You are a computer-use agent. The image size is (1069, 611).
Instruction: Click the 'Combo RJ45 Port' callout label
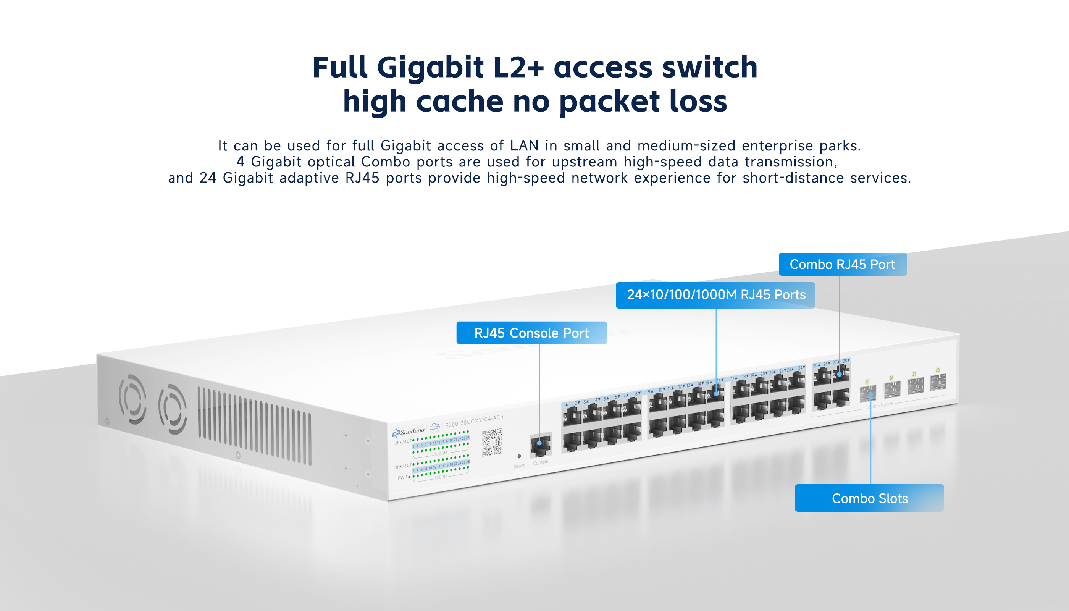coord(843,264)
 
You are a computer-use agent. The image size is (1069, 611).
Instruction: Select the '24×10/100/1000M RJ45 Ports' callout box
coord(715,295)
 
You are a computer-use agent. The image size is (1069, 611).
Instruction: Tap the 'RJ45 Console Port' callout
coord(531,333)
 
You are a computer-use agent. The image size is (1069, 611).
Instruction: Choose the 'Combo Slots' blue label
coord(869,498)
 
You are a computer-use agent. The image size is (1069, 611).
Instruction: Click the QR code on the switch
coord(492,442)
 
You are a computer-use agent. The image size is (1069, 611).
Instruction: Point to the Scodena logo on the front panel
coord(409,432)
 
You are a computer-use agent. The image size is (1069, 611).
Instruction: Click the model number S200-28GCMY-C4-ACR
coord(474,420)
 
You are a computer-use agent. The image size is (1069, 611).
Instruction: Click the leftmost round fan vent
coord(132,399)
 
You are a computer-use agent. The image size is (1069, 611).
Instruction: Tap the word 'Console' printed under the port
coord(540,462)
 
